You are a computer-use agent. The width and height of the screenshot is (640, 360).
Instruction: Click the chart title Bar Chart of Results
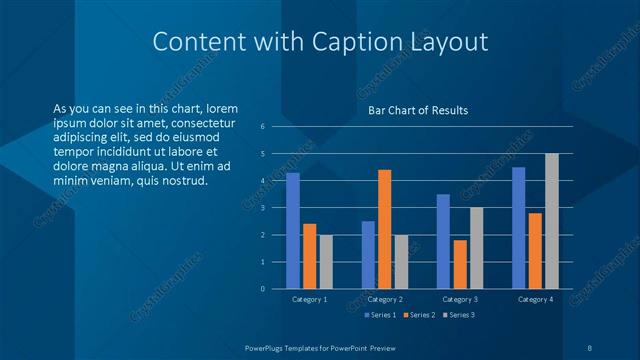pos(418,110)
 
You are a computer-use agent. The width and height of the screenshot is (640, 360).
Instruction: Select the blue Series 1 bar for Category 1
pos(293,231)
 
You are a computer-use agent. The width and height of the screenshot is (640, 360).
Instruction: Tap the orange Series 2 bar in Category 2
pos(384,229)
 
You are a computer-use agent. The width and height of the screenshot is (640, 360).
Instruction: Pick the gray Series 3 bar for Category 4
pos(551,221)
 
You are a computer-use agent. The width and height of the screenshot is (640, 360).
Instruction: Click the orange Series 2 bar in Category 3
pos(460,264)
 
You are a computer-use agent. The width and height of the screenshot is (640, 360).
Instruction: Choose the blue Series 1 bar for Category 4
pos(519,228)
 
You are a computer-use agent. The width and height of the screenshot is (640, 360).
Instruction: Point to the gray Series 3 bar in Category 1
pos(325,262)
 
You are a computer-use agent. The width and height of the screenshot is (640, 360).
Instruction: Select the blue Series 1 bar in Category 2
pos(368,255)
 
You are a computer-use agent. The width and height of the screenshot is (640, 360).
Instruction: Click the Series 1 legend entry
pos(380,315)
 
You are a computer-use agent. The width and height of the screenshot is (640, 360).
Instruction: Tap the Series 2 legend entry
pos(419,315)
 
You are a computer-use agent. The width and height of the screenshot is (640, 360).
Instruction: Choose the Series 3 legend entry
pos(458,315)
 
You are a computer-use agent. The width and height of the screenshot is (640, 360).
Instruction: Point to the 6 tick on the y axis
pos(262,127)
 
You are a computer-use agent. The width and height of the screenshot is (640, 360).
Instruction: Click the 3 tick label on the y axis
pos(262,208)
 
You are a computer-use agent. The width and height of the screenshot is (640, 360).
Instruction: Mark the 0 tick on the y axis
pos(262,289)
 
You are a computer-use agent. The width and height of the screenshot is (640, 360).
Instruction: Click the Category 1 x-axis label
pos(309,299)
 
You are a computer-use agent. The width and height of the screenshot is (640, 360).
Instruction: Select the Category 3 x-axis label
pos(460,299)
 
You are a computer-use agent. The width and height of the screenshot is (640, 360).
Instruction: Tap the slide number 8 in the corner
pos(590,347)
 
